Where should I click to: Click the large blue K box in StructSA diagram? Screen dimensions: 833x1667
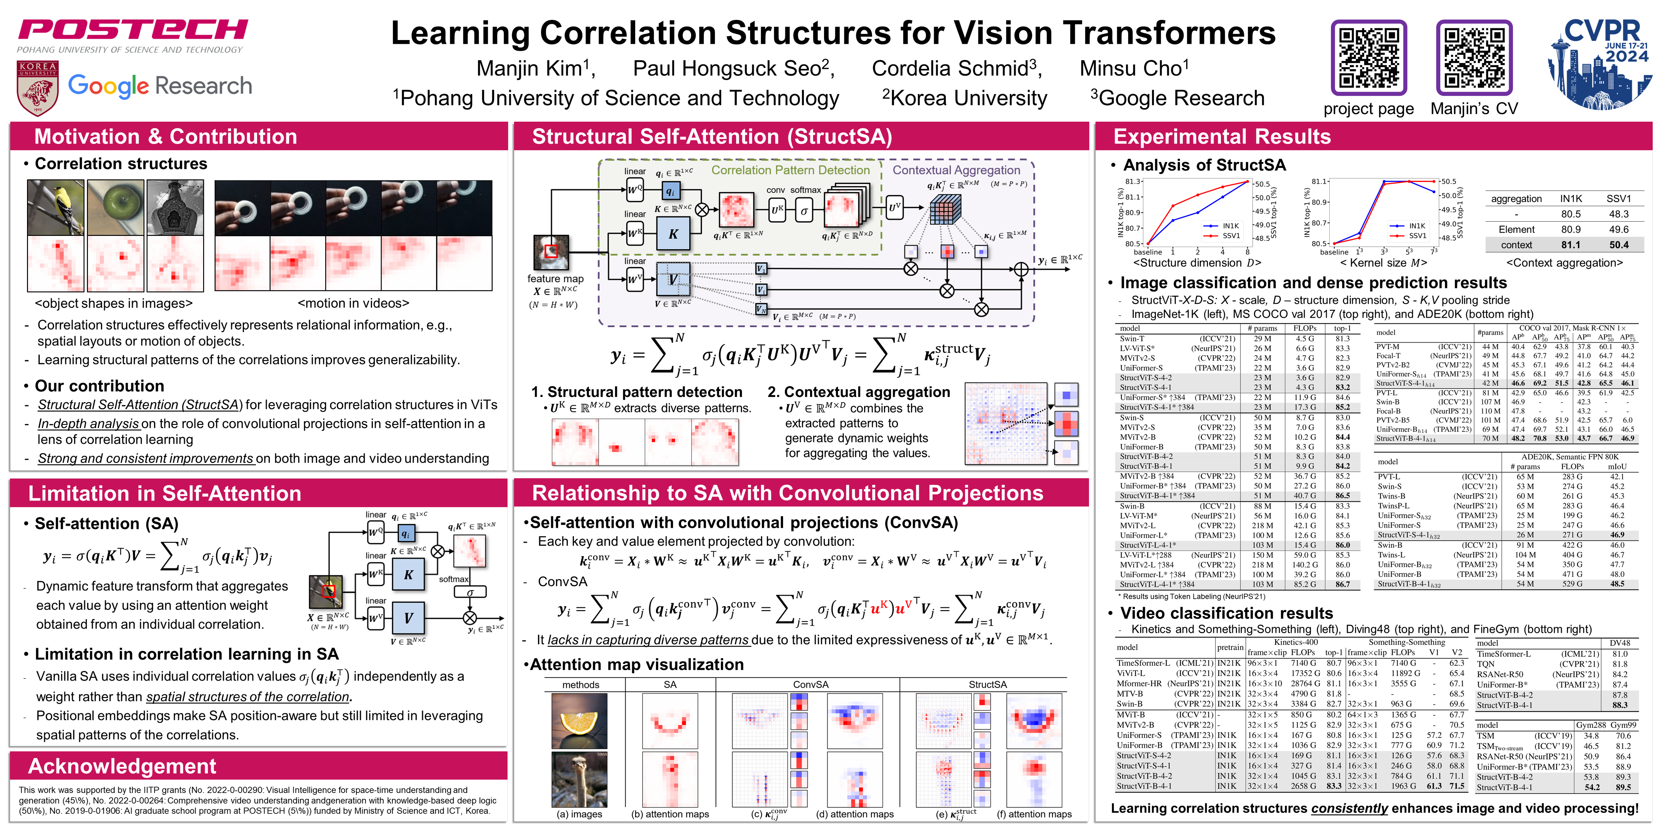click(x=673, y=234)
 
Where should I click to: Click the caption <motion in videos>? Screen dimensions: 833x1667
click(x=353, y=303)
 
